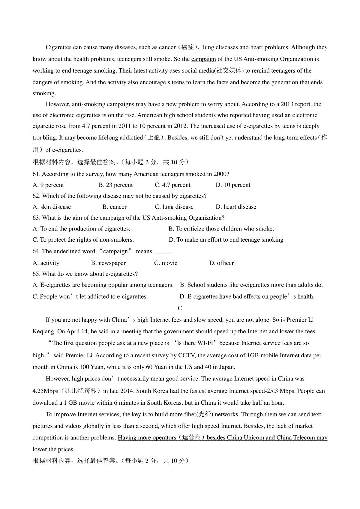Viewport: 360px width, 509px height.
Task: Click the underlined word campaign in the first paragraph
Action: [x=203, y=59]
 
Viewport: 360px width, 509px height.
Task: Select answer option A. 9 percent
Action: [x=48, y=185]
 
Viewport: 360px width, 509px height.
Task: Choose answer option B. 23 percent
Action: [x=115, y=185]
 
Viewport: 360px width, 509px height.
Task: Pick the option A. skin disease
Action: [x=52, y=207]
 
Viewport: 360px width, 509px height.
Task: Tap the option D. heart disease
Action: [x=236, y=207]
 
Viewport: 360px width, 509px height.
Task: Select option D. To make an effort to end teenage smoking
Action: [x=226, y=240]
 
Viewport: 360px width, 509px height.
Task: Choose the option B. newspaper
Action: [x=108, y=263]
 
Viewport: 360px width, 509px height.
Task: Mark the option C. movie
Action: [x=166, y=263]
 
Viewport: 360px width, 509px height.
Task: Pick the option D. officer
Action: [x=221, y=263]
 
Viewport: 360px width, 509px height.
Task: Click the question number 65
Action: [x=36, y=274]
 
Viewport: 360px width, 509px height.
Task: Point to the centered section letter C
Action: [x=180, y=308]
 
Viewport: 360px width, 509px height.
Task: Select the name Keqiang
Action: [x=43, y=332]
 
